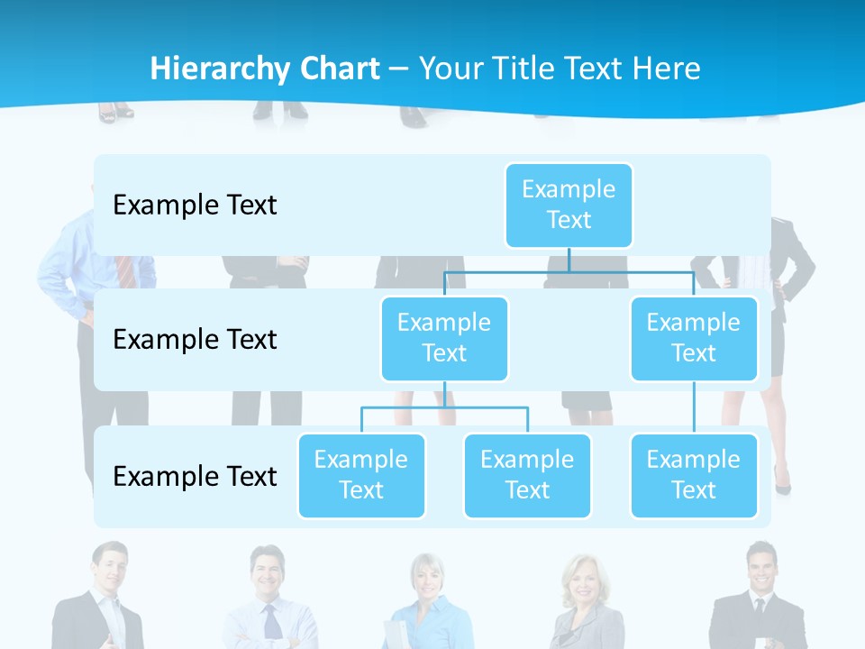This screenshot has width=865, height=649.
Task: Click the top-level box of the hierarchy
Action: coord(569,206)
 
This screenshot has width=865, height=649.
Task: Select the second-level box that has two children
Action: coord(444,339)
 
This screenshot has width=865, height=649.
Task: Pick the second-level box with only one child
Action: coord(694,339)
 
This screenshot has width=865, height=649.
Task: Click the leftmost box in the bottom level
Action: coord(361,476)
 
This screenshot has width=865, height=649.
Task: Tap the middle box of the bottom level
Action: coord(527,476)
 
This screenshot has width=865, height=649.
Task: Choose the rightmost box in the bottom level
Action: coord(694,476)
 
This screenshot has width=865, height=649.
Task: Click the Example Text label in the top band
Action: coord(195,206)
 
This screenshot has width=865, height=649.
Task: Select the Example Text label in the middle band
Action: coord(195,340)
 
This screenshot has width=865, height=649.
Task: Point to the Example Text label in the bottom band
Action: coord(195,476)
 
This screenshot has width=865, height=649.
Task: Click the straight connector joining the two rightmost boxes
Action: coord(694,407)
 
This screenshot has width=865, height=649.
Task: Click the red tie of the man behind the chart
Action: coord(125,271)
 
